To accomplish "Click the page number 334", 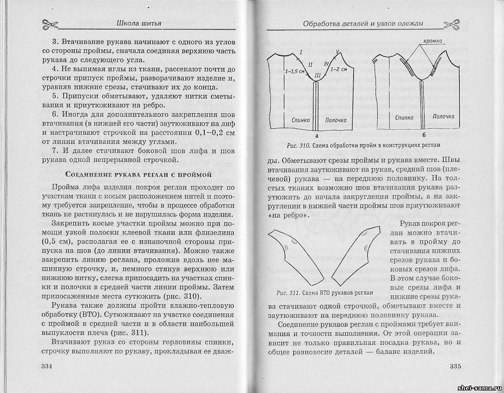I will [x=49, y=366].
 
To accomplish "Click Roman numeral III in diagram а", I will [x=317, y=75].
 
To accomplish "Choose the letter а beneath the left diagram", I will [x=316, y=135].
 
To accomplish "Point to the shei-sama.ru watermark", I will [x=479, y=387].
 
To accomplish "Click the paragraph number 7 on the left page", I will [x=56, y=150].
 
